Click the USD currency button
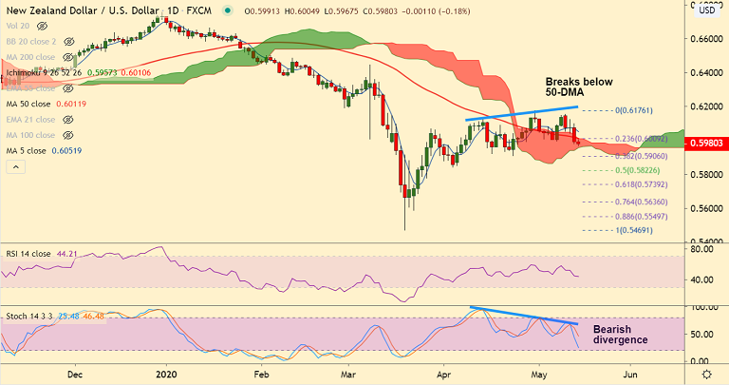click(706, 10)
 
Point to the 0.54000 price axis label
click(705, 241)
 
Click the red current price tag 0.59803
click(705, 144)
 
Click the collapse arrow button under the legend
click(13, 166)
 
